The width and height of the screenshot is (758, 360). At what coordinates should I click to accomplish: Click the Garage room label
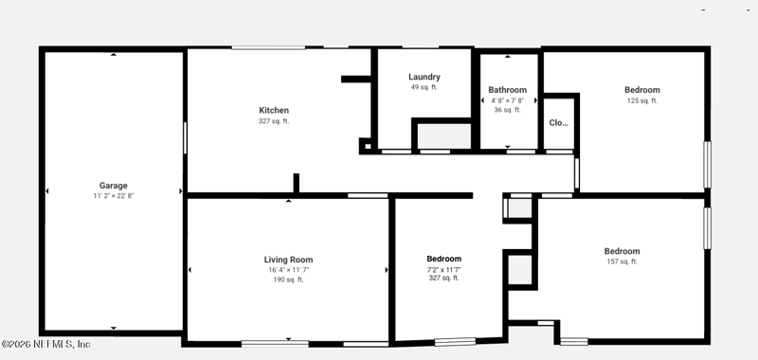114,186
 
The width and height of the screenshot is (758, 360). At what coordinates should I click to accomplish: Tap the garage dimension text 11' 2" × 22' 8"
114,196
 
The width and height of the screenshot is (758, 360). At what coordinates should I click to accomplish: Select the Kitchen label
274,110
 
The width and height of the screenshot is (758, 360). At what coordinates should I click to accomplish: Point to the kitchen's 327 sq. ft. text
274,121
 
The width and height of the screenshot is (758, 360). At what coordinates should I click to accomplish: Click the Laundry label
424,77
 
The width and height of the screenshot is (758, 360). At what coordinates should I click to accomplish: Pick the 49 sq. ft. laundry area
424,87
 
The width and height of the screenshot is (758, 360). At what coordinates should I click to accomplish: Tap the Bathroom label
507,90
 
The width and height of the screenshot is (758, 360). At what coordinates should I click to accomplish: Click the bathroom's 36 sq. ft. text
507,110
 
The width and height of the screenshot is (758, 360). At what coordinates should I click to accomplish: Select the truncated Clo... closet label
558,123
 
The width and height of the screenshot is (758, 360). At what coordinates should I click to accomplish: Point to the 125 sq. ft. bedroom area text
642,101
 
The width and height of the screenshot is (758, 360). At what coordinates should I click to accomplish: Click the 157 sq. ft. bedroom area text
622,261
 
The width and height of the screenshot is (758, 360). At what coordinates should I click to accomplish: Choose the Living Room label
288,260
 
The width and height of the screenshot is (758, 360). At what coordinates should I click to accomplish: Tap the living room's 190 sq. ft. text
288,279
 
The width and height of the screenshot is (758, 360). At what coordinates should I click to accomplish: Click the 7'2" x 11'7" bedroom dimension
443,270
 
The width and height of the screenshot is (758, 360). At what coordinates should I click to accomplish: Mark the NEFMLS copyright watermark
45,344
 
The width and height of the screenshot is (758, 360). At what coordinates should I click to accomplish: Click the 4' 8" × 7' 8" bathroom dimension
507,100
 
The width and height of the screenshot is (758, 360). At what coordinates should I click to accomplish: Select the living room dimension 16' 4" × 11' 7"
288,270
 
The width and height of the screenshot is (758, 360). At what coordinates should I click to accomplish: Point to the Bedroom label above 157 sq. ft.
622,251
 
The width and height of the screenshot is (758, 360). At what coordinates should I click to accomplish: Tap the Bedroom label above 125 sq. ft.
642,90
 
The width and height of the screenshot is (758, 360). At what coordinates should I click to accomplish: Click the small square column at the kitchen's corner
367,146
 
